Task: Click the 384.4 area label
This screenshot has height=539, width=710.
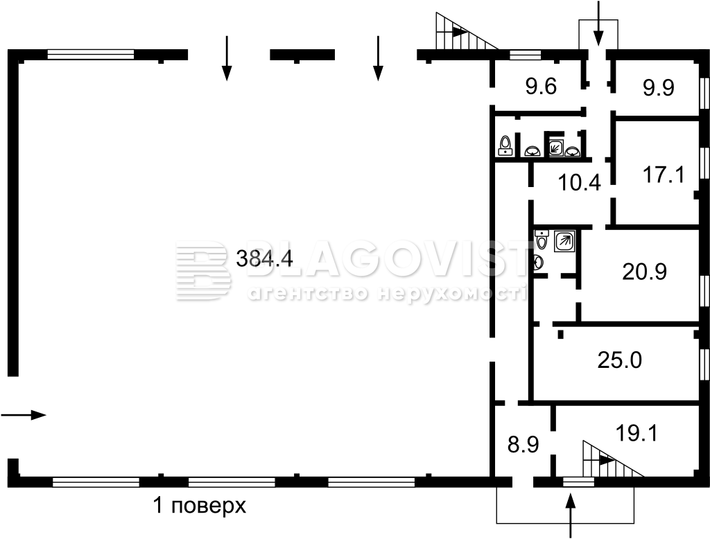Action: coord(265,259)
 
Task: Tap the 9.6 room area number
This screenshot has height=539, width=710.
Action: coord(541,86)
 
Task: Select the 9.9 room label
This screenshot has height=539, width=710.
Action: coord(659,87)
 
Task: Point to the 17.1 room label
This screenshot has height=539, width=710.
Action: coord(664,175)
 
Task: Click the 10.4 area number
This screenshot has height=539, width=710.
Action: coord(580,183)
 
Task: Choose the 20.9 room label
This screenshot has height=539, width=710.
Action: coord(644,272)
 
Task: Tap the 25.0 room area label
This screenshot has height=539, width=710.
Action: coord(619,361)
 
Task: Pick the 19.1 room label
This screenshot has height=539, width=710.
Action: coord(637,433)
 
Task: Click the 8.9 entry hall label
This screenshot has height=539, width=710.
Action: coord(523,444)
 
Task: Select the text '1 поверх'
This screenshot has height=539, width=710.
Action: coord(200,506)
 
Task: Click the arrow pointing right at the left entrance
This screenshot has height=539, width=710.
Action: coord(24,414)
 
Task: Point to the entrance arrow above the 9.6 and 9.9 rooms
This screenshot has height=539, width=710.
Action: coord(598,23)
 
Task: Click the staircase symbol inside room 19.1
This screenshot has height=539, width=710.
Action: coord(613,459)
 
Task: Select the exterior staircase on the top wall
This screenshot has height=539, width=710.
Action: coord(467,30)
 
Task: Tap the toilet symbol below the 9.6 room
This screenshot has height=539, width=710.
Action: coord(505,145)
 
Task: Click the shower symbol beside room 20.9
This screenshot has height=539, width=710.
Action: coord(564,241)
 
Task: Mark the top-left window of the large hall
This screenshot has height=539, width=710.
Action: coord(91,54)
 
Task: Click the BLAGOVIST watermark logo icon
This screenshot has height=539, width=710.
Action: coord(203,270)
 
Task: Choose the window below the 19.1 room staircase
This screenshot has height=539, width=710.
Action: coord(578,482)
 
